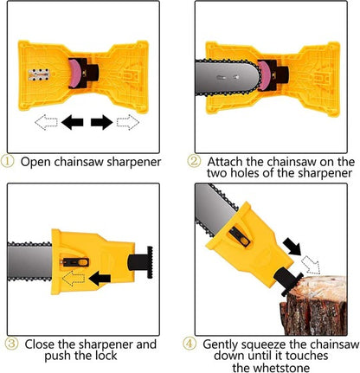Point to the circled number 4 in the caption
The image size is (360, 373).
(190, 343)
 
